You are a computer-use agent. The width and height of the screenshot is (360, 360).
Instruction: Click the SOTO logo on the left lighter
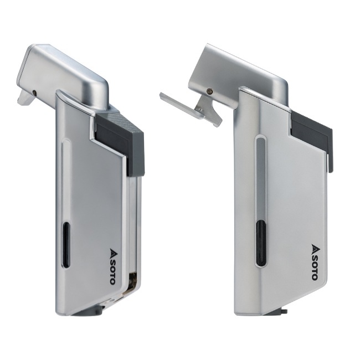112,266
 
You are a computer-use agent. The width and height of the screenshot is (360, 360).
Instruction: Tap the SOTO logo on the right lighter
315,262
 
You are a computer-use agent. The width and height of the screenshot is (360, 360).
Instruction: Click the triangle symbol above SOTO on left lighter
113,251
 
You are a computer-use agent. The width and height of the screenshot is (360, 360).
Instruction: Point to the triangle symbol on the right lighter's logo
315,248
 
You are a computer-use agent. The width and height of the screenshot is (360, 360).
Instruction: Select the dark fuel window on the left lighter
66,244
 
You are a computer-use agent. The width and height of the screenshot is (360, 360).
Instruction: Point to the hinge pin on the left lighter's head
34,92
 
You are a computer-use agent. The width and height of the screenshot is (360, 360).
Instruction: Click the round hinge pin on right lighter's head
209,91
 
